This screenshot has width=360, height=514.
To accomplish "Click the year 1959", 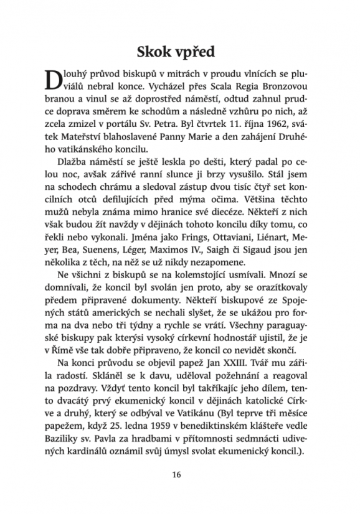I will pyautogui.click(x=180, y=426).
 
